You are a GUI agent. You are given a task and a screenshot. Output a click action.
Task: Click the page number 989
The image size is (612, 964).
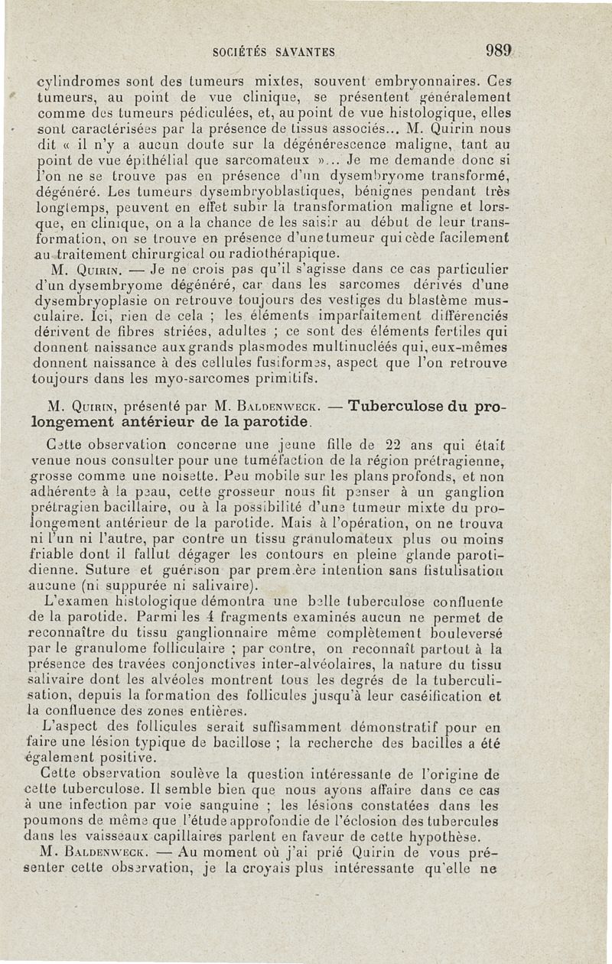click(496, 51)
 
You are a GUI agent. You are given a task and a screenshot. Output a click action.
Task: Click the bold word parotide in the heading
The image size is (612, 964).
click(272, 422)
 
